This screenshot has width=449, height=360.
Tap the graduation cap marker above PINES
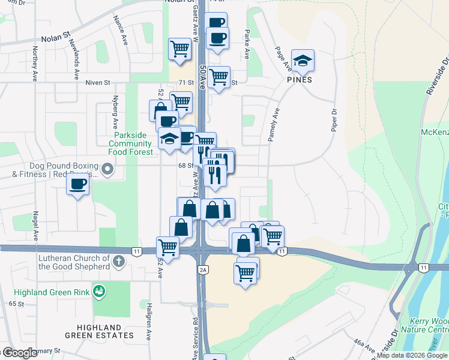[303, 61]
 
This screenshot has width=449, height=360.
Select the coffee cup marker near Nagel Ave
[77, 184]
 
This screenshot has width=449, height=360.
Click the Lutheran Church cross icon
[119, 262]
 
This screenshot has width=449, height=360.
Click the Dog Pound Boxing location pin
[107, 170]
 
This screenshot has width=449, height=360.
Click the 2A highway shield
[203, 270]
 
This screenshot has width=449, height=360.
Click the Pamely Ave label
[271, 125]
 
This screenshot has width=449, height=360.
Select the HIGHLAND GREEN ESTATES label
[98, 331]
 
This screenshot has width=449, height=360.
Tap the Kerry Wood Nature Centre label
[428, 325]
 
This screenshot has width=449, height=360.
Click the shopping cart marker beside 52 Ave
[167, 247]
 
